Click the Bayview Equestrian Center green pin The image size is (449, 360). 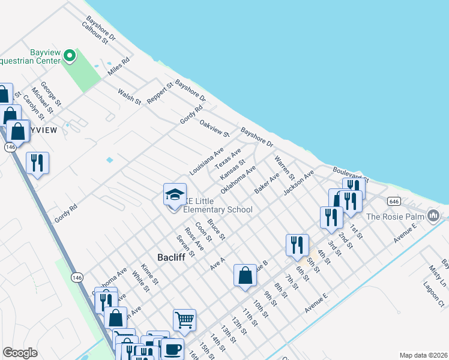coord(70,56)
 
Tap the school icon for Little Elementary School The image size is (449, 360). coord(175,195)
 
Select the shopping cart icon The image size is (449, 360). coord(184,319)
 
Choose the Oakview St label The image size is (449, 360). coord(214,128)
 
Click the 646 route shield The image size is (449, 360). coord(394,201)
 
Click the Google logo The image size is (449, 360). coord(20,353)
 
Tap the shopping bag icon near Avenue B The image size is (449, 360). coord(245,276)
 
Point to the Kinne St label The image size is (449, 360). coord(149,273)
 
